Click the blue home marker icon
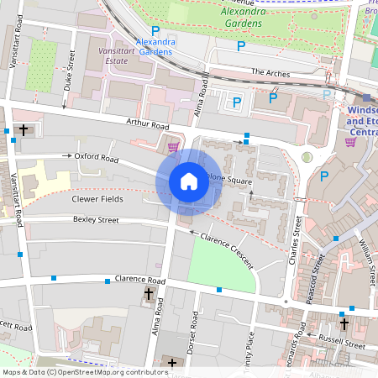click(189, 181)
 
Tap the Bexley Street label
click(96, 220)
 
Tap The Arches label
click(270, 74)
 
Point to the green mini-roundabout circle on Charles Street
click(307, 157)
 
